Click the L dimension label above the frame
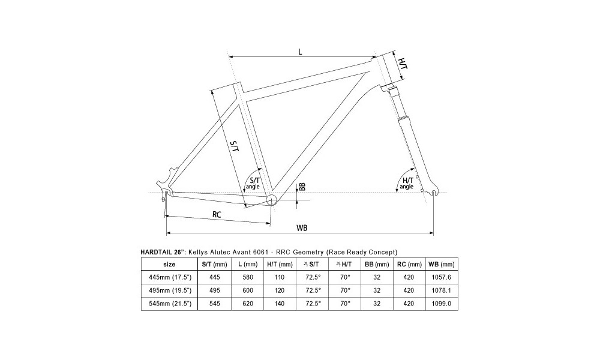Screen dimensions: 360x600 click(300, 51)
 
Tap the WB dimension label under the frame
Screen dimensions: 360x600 click(302, 227)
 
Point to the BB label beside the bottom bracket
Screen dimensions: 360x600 click(302, 187)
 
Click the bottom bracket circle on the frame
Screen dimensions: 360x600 click(271, 199)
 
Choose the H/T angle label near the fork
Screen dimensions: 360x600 click(407, 183)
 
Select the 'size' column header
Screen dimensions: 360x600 click(169, 264)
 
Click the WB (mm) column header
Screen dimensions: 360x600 click(441, 264)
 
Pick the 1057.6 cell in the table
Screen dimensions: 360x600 click(441, 277)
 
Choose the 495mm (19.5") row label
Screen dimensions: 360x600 click(169, 290)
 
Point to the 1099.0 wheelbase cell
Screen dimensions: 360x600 click(441, 304)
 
